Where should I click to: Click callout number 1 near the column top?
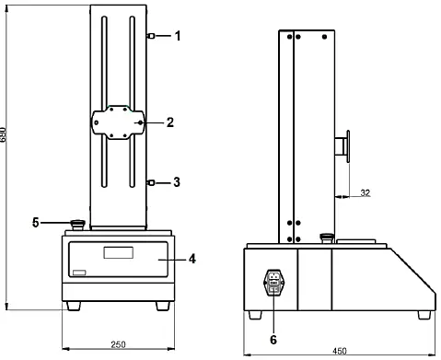click(179, 36)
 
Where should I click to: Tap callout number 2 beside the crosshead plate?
click(169, 122)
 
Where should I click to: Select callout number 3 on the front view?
click(179, 183)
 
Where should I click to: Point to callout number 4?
click(192, 260)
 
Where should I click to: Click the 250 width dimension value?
click(118, 344)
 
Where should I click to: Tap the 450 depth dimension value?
click(339, 351)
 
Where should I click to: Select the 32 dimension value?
click(365, 192)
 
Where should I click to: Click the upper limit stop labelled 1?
click(149, 36)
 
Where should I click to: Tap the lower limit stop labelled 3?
click(149, 183)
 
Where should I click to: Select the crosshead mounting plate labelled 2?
click(117, 122)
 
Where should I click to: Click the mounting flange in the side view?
click(348, 147)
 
